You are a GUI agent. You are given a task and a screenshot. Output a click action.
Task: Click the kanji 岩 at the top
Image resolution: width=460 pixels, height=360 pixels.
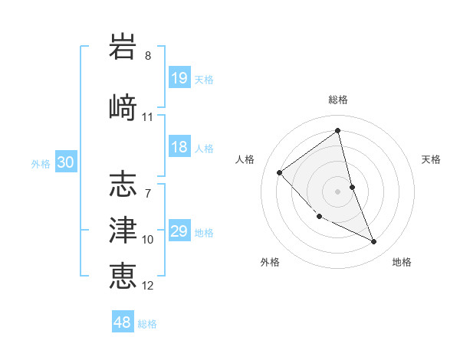pos(123,47)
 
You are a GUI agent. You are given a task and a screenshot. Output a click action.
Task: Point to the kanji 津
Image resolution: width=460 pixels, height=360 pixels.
pos(123,228)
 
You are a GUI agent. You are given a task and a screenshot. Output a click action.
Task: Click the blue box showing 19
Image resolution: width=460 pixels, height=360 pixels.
pos(179,78)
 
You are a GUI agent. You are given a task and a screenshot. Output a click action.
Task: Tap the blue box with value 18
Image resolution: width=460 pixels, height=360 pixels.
pos(179,147)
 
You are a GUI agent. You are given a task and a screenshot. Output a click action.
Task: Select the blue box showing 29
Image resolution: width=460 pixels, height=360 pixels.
pos(179,231)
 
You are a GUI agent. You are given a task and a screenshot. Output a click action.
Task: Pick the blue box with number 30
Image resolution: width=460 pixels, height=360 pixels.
pos(65,162)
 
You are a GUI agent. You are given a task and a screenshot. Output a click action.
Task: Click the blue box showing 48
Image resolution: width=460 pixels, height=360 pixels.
pos(123,322)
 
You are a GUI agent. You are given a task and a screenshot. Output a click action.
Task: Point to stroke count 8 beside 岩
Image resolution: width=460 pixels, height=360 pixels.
pos(148,56)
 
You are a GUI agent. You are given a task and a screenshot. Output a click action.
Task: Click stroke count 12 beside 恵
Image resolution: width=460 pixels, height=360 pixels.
pos(148,286)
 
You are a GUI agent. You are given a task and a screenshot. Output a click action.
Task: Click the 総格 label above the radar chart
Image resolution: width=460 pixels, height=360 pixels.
pos(338,100)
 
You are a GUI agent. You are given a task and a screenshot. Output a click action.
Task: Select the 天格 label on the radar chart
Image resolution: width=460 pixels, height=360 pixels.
pos(431,159)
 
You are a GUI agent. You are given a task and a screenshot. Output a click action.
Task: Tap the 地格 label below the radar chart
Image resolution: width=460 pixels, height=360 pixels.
pos(402,262)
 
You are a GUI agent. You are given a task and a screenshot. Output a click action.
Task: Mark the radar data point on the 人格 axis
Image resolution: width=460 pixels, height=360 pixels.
pos(280,172)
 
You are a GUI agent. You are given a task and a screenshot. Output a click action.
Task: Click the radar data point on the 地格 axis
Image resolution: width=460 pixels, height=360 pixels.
pos(374,242)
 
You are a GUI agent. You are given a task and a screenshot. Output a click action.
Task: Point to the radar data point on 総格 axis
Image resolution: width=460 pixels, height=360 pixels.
pos(338,131)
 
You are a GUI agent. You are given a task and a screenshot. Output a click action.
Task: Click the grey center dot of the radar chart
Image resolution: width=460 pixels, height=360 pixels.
pos(338,191)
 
